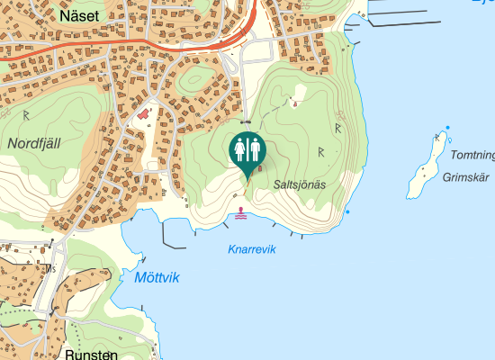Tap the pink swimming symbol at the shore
pos(241,215)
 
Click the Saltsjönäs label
pos(299,184)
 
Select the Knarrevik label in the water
pos(251,249)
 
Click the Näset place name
pos(79,15)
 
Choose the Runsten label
pos(91,354)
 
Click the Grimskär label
pos(464,177)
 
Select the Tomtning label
pos(472,155)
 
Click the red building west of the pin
pos(143,115)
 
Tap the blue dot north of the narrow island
pos(448,127)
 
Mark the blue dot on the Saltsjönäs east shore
pos(347,211)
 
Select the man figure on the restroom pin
pos(255,148)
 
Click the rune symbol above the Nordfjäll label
pos(27,115)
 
